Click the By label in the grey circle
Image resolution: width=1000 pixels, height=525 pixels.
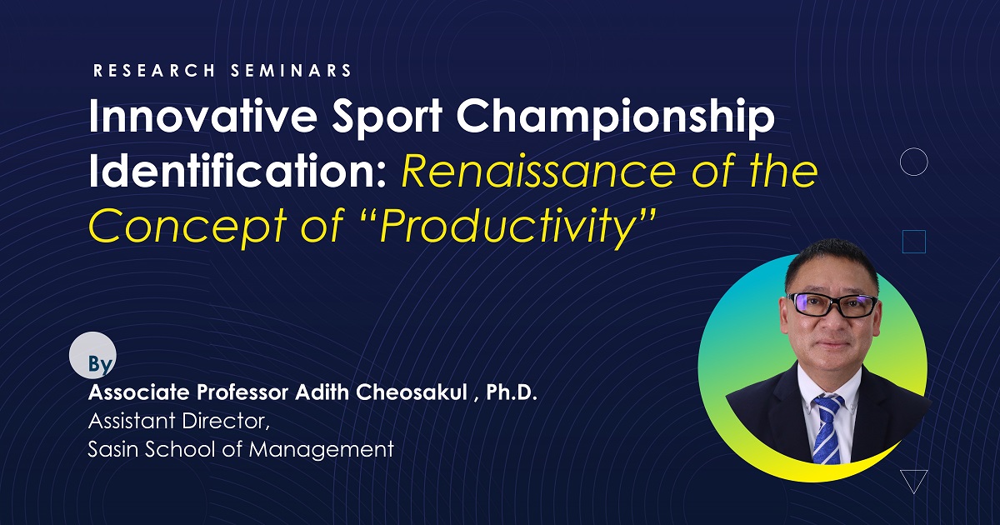tap(100, 364)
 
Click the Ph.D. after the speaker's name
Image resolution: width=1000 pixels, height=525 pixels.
tap(512, 392)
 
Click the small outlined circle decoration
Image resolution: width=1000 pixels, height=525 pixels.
tap(914, 162)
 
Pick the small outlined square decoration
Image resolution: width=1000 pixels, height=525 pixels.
tap(914, 242)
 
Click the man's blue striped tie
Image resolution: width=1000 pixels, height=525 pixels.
tap(827, 424)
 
